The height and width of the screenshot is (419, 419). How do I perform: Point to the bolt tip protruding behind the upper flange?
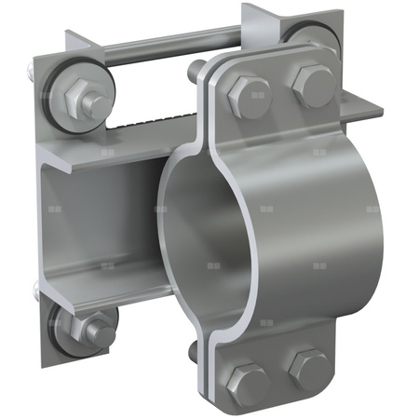click(x=197, y=70)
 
